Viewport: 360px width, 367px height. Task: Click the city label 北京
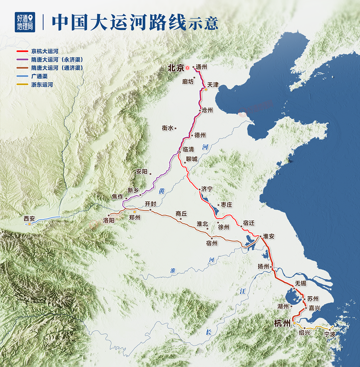coord(175,68)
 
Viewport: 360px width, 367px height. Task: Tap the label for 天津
coord(213,84)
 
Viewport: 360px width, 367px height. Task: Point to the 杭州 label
coord(283,322)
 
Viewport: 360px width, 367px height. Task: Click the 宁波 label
coord(330,334)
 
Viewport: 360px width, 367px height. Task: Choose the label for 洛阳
coord(109,220)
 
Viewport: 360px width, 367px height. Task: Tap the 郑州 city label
coord(135,217)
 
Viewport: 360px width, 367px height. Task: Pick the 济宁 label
coord(207,189)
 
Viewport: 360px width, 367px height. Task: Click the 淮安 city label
coord(269,236)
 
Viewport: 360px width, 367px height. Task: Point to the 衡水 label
coord(167,128)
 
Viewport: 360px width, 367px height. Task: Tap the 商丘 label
coord(181,214)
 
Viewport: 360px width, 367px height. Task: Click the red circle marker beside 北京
coord(188,68)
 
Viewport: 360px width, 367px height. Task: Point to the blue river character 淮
coord(172,270)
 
